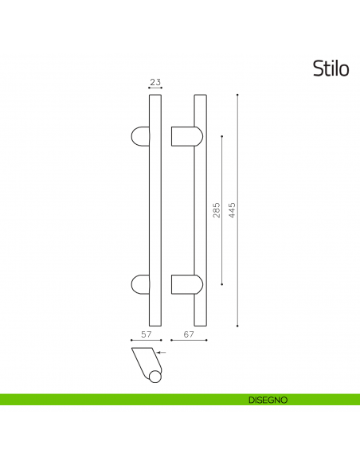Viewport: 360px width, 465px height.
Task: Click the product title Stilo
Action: [331, 69]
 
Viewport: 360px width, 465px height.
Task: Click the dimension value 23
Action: [155, 82]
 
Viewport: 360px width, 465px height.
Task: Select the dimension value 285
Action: [217, 210]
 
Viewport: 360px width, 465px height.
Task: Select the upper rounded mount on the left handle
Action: [140, 135]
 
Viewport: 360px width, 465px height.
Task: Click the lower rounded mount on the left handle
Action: [140, 283]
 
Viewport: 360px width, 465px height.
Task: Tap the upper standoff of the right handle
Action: [184, 135]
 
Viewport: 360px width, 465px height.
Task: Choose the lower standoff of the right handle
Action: [184, 284]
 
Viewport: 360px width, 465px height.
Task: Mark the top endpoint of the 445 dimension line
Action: [239, 96]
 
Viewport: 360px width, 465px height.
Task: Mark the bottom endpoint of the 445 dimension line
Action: [239, 325]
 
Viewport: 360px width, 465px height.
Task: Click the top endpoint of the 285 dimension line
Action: [222, 136]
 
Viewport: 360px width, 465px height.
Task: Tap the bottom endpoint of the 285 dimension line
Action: [222, 284]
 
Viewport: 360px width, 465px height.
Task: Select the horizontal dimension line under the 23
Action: [155, 89]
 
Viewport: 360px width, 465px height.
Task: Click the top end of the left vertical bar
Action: [155, 97]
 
